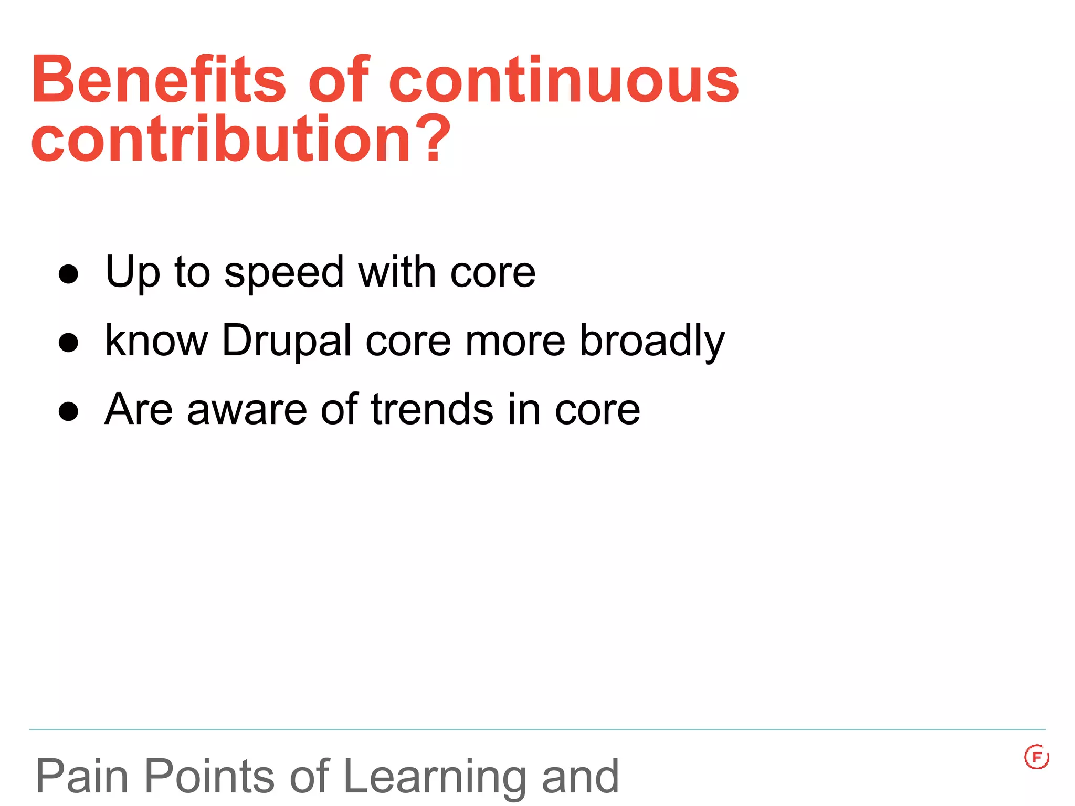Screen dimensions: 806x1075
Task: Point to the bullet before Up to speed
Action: pyautogui.click(x=68, y=274)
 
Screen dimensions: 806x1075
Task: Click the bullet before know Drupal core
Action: pyautogui.click(x=68, y=343)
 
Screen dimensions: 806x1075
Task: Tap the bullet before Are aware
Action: pyautogui.click(x=68, y=411)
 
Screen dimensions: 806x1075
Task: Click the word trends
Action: pyautogui.click(x=431, y=409)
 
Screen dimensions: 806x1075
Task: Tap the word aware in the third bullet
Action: pyautogui.click(x=247, y=410)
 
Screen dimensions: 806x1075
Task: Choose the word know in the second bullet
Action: pyautogui.click(x=156, y=341)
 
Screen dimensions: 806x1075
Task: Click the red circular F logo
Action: pyautogui.click(x=1036, y=757)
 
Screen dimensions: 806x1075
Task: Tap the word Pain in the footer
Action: pyautogui.click(x=82, y=777)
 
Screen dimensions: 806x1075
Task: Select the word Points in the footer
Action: pyautogui.click(x=209, y=777)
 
